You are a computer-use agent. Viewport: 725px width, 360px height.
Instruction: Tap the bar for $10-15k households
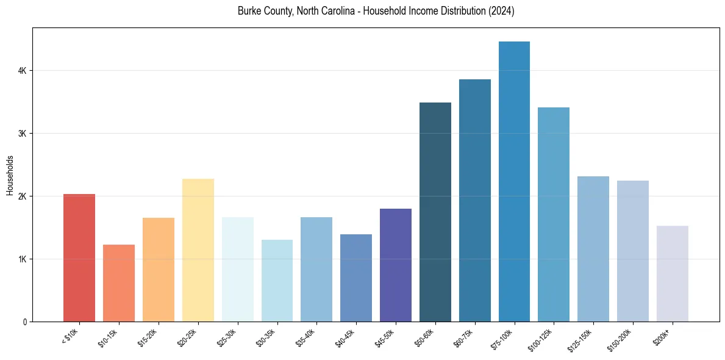(119, 283)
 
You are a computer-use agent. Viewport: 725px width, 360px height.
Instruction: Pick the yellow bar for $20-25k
(198, 250)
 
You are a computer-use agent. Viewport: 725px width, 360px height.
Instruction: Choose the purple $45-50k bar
(396, 265)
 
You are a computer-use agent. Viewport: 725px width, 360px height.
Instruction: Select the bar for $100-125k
(554, 214)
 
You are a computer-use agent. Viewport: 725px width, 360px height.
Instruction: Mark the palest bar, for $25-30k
(238, 269)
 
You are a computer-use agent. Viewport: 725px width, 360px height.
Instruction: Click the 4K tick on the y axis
(23, 71)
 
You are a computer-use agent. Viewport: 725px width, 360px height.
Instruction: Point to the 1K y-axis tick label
(23, 259)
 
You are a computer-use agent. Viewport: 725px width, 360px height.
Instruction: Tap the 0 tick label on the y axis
(25, 322)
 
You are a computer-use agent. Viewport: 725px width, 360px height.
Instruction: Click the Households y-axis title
(10, 175)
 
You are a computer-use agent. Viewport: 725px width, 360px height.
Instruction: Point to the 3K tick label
(23, 134)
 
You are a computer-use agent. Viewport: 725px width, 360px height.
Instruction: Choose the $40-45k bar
(356, 278)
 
